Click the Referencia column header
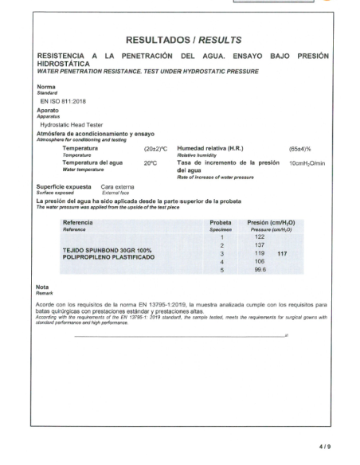(79, 223)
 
